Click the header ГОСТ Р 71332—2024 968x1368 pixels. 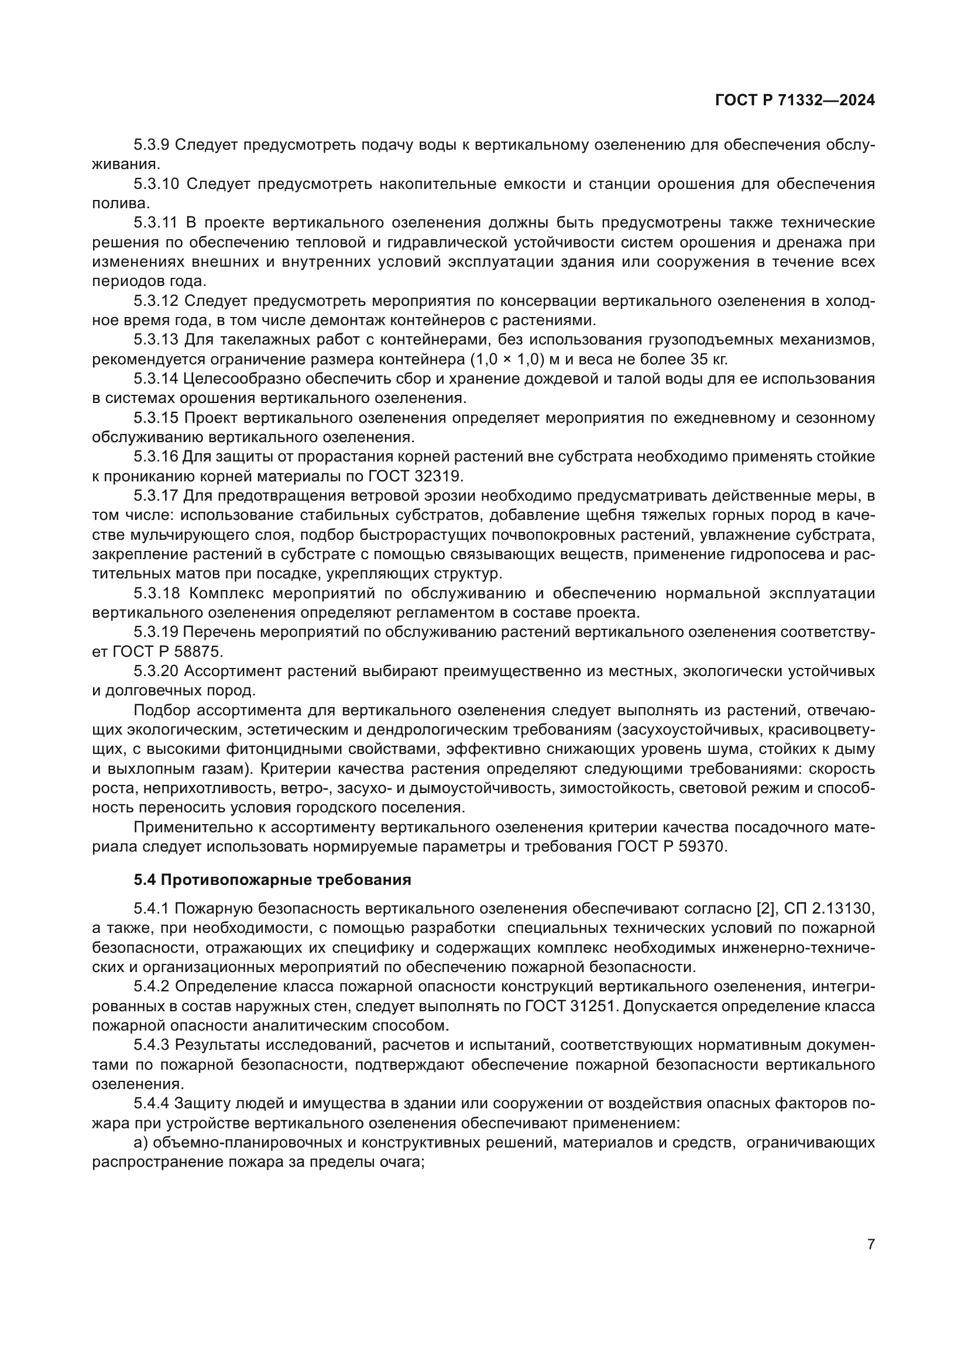tap(795, 101)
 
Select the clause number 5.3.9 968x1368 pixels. tap(152, 145)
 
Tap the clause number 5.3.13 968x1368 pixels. tap(156, 340)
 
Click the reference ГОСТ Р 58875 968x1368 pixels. tap(167, 652)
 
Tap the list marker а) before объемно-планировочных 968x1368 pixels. tap(141, 1143)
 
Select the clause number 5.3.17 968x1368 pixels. tap(156, 496)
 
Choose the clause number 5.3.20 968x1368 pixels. tap(156, 671)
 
